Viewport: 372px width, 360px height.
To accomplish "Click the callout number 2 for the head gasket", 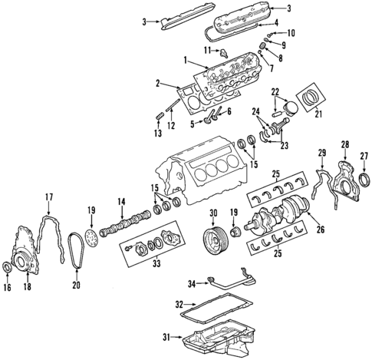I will point(157,84).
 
